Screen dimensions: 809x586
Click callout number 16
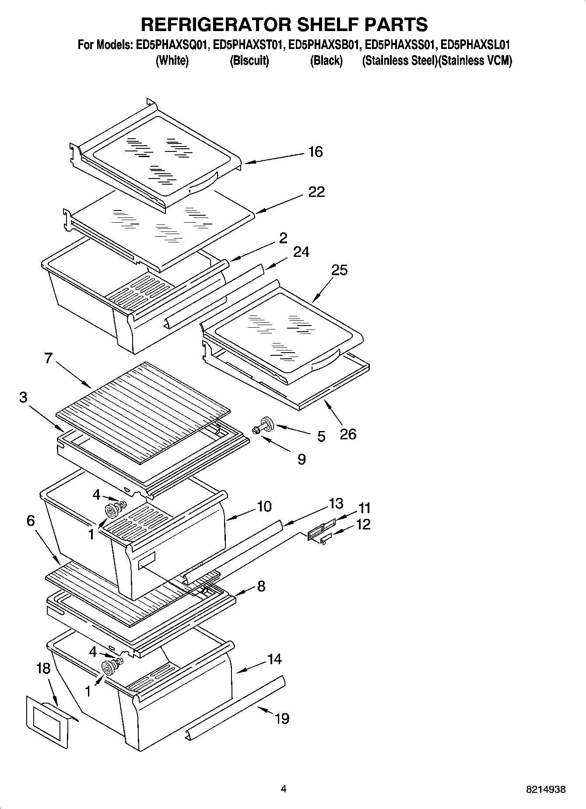315,152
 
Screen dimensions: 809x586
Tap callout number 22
316,192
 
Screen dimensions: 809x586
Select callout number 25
339,270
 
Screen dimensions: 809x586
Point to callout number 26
348,434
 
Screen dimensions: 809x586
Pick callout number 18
43,669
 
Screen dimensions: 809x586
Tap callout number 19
282,718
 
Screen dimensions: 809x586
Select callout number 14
274,659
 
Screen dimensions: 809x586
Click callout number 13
336,504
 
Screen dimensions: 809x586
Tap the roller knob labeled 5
266,423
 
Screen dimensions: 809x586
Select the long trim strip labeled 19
236,707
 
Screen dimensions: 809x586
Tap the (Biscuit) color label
249,60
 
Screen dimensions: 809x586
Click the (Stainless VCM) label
475,60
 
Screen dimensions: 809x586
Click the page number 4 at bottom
284,789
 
